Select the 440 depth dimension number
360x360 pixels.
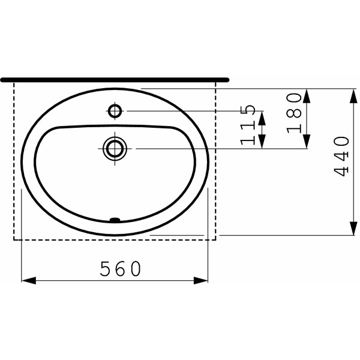pyautogui.click(x=342, y=156)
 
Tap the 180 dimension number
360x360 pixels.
pyautogui.click(x=293, y=113)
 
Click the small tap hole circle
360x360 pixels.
pyautogui.click(x=115, y=110)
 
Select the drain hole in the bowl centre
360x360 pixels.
pyautogui.click(x=114, y=148)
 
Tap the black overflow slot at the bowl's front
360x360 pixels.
pyautogui.click(x=115, y=220)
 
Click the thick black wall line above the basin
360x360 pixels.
pyautogui.click(x=114, y=79)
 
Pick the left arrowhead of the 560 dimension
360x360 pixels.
pyautogui.click(x=26, y=280)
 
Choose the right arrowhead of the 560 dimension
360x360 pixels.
pyautogui.click(x=203, y=280)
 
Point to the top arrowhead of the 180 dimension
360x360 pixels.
pyautogui.click(x=307, y=94)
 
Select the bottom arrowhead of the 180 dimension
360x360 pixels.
pyautogui.click(x=307, y=143)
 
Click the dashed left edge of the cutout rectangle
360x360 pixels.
pyautogui.click(x=14, y=162)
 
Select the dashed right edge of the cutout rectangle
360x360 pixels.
pyautogui.click(x=215, y=162)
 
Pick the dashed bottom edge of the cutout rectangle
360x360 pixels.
pyautogui.click(x=114, y=239)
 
